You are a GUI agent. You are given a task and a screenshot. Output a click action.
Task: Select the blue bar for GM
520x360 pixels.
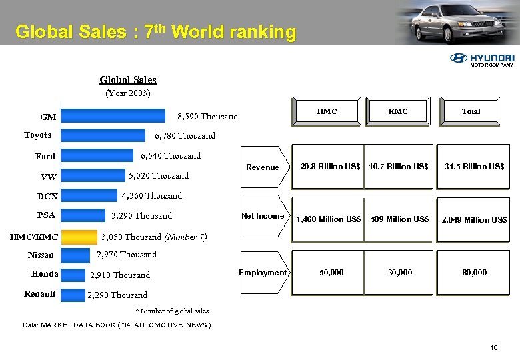116,117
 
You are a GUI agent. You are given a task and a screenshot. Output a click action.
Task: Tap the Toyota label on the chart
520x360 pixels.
38,135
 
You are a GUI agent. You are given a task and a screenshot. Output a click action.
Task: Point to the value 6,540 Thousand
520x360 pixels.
171,156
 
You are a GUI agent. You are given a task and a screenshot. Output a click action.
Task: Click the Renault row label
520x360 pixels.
40,294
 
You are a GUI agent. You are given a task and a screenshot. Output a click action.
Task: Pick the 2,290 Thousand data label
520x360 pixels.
117,295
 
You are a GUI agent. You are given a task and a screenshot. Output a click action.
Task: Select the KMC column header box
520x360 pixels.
398,111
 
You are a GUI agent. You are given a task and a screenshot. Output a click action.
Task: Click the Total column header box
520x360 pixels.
471,111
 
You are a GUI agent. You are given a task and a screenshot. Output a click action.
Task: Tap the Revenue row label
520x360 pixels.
263,167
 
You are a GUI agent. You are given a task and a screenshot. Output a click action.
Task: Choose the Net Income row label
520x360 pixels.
263,216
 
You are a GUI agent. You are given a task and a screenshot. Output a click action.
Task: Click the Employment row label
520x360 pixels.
263,272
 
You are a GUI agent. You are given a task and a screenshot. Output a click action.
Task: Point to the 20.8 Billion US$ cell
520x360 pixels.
330,167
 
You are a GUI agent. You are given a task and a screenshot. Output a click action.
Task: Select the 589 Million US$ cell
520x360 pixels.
400,219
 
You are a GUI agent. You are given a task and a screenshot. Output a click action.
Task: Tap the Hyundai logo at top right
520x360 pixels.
483,59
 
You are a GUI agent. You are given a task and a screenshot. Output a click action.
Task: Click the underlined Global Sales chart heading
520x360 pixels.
128,80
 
